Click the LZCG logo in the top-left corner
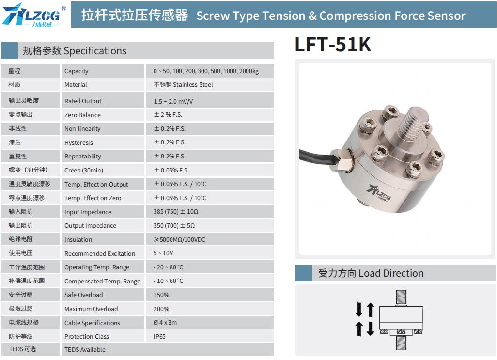34,15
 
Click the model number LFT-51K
333,45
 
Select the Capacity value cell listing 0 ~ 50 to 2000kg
206,71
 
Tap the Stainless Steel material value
183,85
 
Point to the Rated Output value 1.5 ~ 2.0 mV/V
173,101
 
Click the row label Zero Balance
82,115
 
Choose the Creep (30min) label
84,170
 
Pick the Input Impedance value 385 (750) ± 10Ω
176,212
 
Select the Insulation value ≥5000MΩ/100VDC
179,239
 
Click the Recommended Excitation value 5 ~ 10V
163,253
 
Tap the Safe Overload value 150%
161,295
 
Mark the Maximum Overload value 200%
161,309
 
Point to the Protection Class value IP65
159,337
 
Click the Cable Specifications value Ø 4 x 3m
165,323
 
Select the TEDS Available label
85,349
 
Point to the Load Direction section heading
371,273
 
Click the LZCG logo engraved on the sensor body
378,193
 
